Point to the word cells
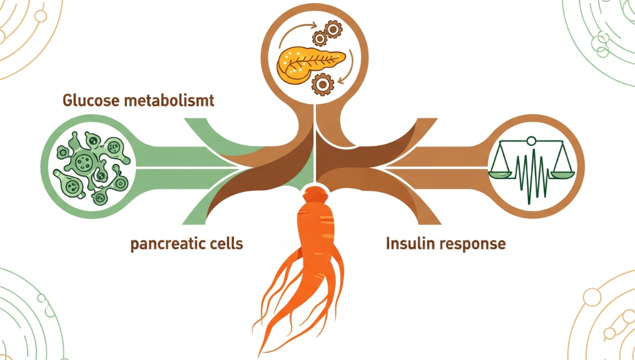click(x=223, y=243)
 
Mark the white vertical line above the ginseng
click(x=317, y=144)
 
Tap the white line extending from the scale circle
click(x=438, y=168)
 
